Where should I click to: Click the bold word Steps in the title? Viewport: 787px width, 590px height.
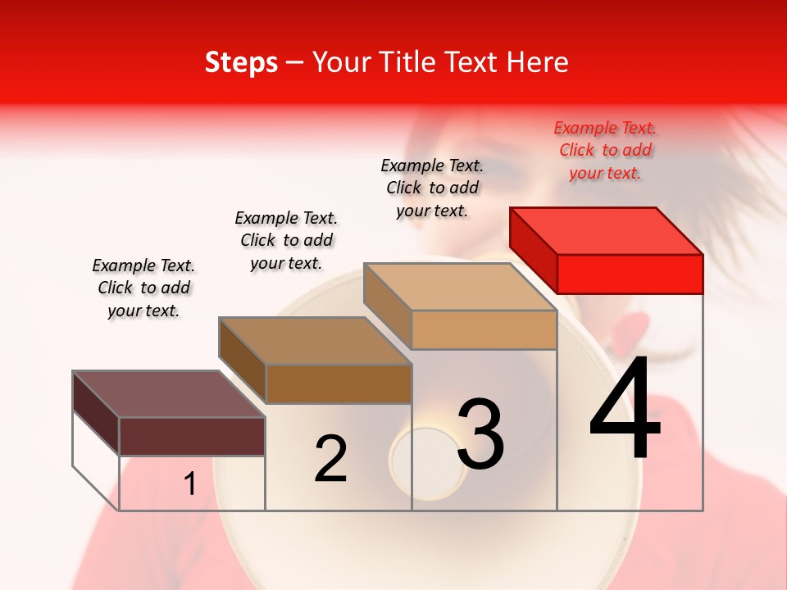coord(241,62)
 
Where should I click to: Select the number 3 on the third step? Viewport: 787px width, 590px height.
coord(480,433)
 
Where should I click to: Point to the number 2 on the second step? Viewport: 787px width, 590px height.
coord(330,459)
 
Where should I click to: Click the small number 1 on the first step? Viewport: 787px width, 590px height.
coord(190,483)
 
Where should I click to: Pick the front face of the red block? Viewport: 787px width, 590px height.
coord(630,274)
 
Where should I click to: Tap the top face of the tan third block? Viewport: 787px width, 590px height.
coord(459,287)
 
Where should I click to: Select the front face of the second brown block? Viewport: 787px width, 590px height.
coord(338,383)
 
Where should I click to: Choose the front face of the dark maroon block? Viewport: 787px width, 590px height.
coord(192,436)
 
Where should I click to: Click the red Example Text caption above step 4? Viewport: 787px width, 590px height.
coord(605,150)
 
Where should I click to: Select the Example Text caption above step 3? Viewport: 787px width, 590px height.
coord(432,188)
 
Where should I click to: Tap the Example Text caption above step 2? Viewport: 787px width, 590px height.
coord(286,240)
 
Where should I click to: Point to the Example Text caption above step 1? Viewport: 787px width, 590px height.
coord(143,288)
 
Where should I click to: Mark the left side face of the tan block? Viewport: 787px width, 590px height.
coord(387,304)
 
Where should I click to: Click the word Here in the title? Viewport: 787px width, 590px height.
coord(538,62)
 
